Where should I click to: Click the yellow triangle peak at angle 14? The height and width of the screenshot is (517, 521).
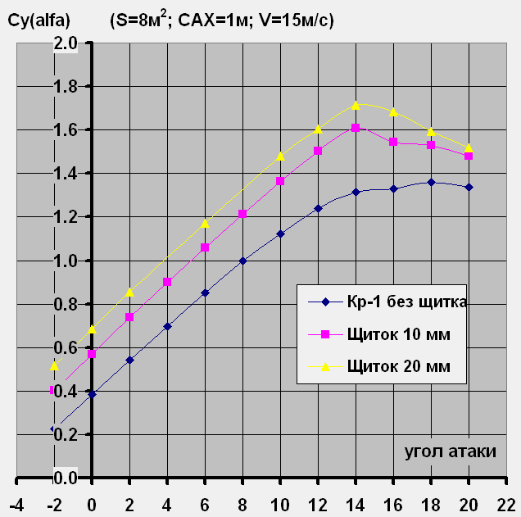(356, 105)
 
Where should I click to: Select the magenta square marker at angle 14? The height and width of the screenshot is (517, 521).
(356, 128)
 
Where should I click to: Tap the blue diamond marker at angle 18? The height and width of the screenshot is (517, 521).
(431, 182)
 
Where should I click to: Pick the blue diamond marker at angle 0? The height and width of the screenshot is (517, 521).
(92, 394)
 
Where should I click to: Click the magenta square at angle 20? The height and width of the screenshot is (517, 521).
(469, 156)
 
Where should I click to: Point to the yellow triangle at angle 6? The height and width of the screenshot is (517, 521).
(205, 223)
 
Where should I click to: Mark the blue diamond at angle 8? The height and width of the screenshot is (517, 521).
(242, 261)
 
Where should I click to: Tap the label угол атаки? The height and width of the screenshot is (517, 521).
(450, 451)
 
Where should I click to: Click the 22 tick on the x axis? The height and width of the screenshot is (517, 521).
(506, 501)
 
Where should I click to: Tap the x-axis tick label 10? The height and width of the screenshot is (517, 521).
(280, 501)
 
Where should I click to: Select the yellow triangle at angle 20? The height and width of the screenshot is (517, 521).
(469, 148)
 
